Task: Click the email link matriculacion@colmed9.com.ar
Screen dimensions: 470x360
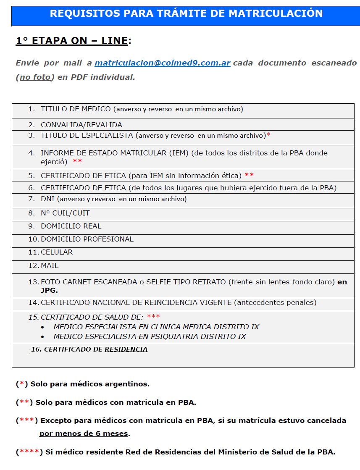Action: click(162, 63)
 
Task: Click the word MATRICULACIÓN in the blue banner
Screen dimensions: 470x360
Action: click(276, 13)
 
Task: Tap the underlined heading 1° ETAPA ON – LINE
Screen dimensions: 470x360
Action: click(72, 41)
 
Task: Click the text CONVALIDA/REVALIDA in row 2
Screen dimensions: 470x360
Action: click(81, 125)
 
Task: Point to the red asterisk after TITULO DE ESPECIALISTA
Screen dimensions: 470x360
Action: click(268, 135)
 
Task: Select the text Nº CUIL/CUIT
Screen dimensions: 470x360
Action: click(65, 213)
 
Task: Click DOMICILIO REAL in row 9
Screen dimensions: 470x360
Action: click(71, 226)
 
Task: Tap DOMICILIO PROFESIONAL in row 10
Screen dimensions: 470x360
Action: click(87, 239)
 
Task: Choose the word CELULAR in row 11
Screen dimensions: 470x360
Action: click(56, 252)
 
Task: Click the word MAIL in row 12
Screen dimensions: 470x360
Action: click(50, 265)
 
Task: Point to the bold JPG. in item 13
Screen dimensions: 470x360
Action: click(49, 290)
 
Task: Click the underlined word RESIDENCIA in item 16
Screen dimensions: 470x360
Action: click(126, 349)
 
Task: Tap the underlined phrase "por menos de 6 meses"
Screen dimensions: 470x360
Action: click(84, 433)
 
